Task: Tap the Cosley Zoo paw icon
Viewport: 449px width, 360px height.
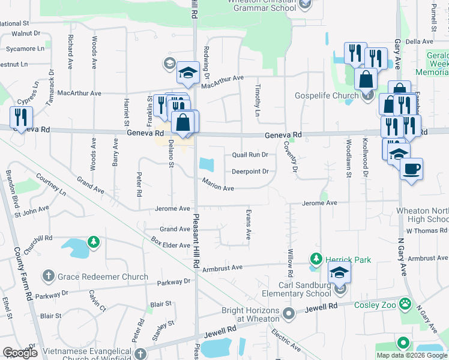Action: point(406,304)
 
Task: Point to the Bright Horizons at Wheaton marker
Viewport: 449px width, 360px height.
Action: point(289,314)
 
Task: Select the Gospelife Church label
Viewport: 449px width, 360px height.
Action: point(327,95)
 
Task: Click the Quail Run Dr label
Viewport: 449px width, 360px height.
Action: point(250,155)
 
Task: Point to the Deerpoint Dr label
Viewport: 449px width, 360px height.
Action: point(250,172)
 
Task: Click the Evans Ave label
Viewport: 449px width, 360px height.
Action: point(249,224)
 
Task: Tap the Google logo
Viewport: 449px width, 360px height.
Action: point(20,352)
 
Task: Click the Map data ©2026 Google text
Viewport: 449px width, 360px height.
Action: point(412,355)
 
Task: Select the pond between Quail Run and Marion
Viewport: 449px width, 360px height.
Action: point(207,164)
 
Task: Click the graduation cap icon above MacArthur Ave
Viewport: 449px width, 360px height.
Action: point(188,73)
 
